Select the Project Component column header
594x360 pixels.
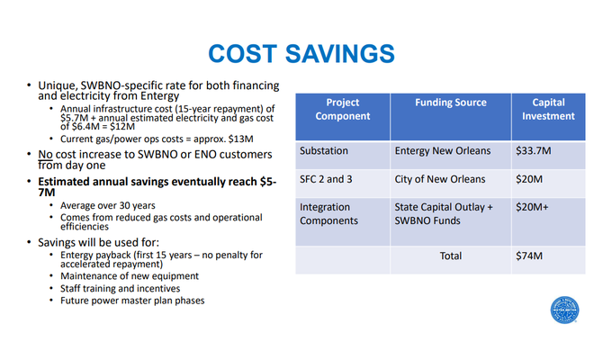[342, 109]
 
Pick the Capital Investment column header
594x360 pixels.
[553, 109]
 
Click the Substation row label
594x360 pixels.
[324, 151]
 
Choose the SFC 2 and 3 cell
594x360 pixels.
[327, 179]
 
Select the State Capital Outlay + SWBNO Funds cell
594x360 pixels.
[444, 214]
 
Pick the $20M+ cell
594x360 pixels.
[532, 207]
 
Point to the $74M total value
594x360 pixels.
[528, 256]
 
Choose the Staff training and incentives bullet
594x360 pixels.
[114, 289]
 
